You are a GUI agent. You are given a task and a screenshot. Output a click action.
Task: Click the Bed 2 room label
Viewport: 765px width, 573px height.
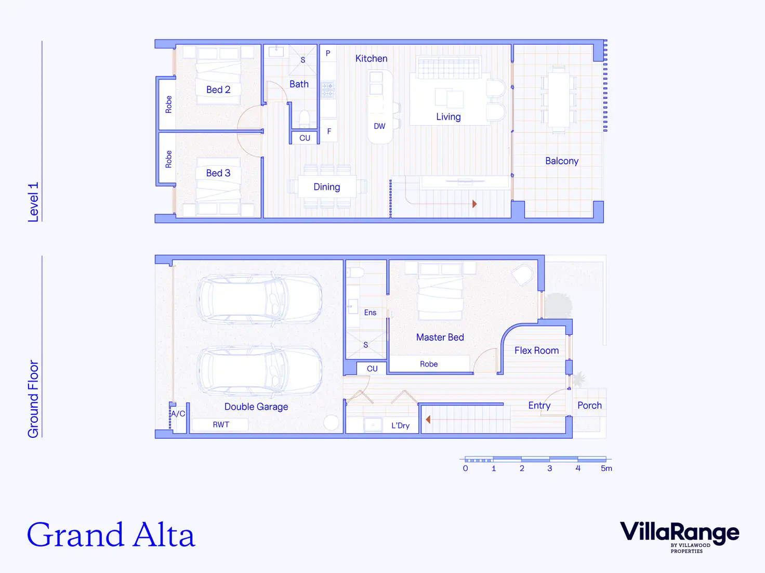click(x=218, y=90)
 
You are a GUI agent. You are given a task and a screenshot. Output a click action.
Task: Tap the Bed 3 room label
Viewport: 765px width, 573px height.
click(x=218, y=173)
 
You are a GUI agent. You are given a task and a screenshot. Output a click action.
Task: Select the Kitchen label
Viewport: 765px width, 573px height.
click(x=371, y=59)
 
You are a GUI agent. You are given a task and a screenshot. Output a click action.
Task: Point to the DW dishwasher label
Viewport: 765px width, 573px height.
click(x=379, y=126)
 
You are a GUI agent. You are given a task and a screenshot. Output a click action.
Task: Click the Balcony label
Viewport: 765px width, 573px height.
click(x=561, y=161)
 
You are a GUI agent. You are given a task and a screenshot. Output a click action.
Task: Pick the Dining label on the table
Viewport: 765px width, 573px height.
click(x=326, y=187)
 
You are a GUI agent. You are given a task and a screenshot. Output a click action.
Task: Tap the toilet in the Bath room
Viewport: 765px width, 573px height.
click(x=305, y=118)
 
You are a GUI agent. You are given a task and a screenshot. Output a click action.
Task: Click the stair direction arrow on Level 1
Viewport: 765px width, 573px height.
click(x=474, y=204)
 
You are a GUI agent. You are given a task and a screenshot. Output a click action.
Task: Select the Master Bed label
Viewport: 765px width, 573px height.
click(x=440, y=337)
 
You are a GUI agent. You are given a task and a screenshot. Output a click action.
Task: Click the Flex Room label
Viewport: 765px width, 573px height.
click(x=536, y=351)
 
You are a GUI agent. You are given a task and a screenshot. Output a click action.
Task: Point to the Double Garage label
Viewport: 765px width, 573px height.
click(x=256, y=407)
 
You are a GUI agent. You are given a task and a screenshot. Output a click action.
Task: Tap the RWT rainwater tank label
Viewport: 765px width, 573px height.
click(x=221, y=425)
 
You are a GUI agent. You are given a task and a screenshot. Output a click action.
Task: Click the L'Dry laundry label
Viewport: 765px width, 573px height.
click(x=400, y=426)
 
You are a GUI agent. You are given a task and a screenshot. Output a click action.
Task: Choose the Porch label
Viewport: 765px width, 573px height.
click(x=589, y=406)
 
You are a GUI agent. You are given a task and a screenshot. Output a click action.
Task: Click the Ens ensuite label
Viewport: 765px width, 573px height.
click(x=370, y=312)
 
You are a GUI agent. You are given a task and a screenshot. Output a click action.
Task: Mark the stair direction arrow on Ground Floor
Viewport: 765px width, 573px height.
click(x=428, y=419)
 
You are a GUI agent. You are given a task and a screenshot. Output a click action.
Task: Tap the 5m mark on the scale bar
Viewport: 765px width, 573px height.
click(x=606, y=468)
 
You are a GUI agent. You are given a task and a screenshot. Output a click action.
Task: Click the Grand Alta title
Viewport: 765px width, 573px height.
click(x=111, y=536)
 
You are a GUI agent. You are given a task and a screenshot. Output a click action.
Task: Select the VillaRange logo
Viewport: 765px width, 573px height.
click(x=679, y=535)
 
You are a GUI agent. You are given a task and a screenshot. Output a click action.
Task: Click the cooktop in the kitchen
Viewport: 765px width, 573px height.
click(x=327, y=90)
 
